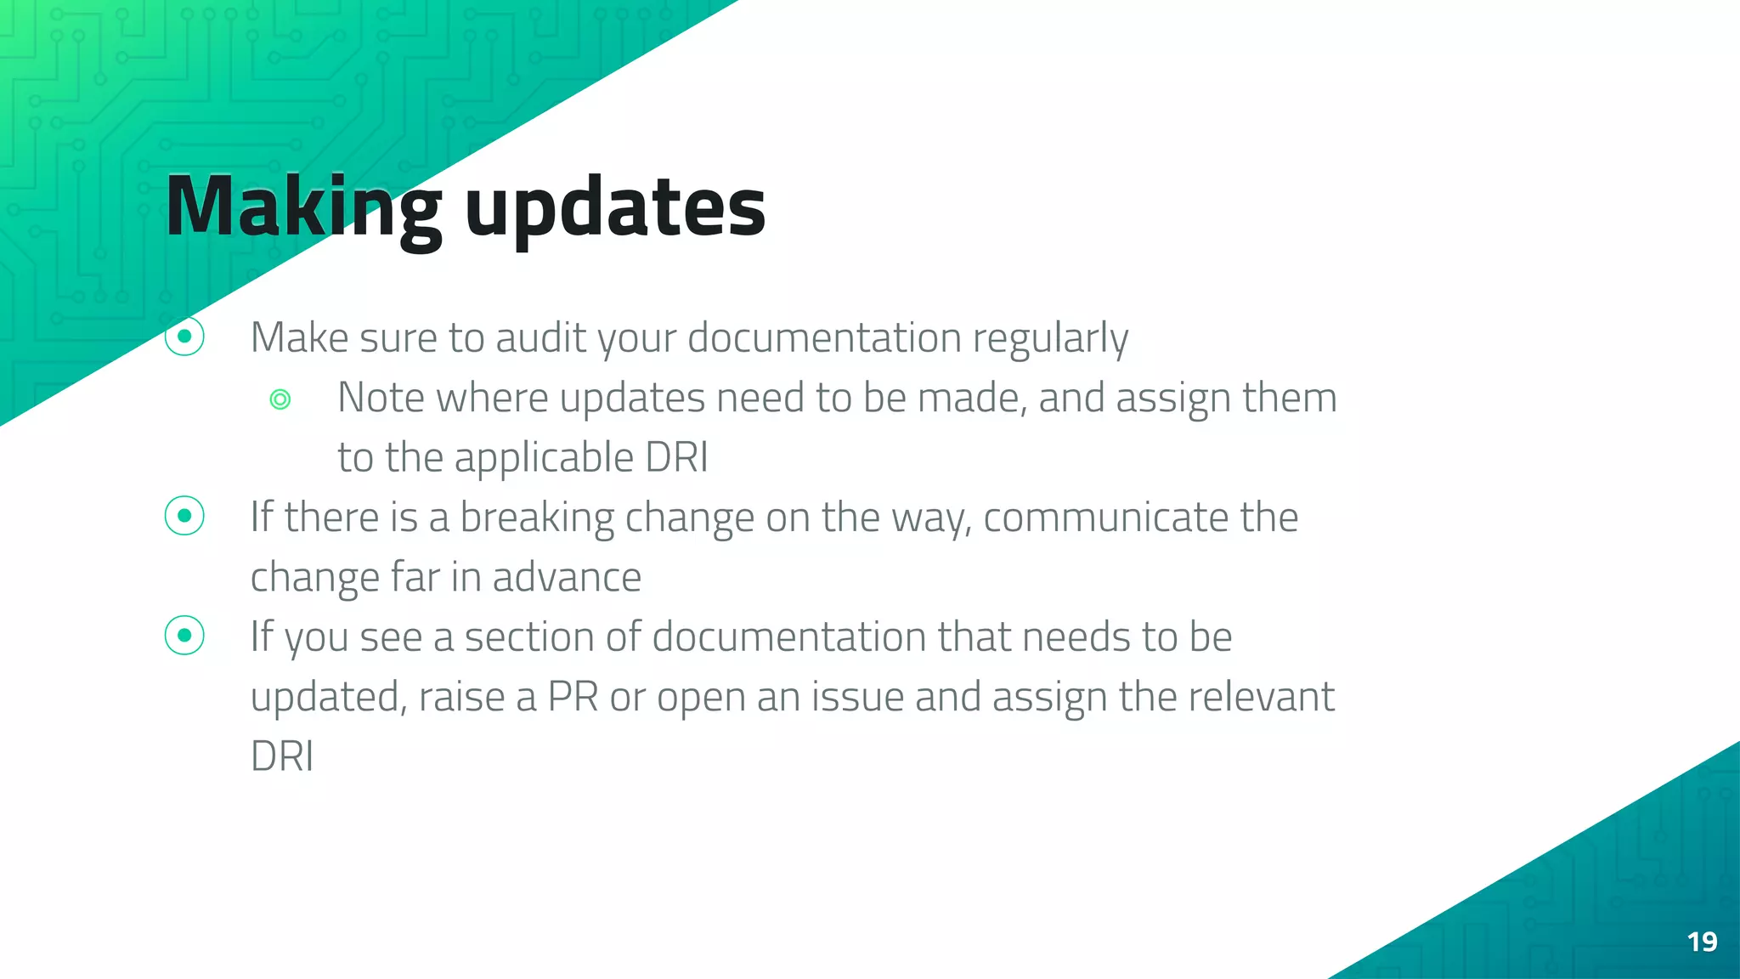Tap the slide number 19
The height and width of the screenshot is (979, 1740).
pos(1702,942)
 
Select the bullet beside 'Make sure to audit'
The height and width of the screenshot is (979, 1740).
pos(184,337)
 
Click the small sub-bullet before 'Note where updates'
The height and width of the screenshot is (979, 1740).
pos(280,399)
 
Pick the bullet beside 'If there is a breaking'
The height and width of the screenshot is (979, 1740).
pos(184,516)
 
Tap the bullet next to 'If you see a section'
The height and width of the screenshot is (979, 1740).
pos(184,636)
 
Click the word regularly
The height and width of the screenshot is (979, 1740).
pos(1050,339)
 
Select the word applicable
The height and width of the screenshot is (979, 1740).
pos(544,458)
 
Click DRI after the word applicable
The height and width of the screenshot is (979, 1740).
pos(676,457)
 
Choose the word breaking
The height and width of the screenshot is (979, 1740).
pos(536,518)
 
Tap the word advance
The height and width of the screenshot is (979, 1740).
pos(567,577)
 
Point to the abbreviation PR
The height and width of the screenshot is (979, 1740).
pos(573,697)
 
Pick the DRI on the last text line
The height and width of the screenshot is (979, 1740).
pos(282,756)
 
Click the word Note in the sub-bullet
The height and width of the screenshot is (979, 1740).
pos(381,398)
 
